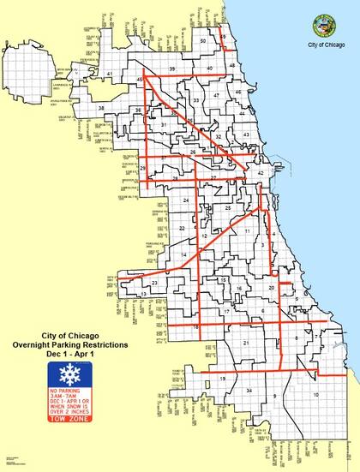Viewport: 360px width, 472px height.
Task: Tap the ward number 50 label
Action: (x=203, y=41)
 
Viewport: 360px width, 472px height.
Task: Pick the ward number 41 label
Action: (x=110, y=75)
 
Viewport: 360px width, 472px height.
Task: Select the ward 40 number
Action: (x=209, y=68)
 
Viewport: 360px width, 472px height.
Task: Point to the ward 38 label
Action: (x=102, y=108)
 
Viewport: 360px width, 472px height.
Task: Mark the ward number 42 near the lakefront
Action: (x=260, y=174)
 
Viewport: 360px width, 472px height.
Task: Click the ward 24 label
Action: (x=187, y=200)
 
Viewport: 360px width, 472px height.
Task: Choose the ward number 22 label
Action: (x=182, y=229)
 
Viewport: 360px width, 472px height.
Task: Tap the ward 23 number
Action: (x=155, y=283)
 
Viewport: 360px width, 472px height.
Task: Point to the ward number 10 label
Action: (x=315, y=394)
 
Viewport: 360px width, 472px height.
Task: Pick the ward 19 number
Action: (x=222, y=378)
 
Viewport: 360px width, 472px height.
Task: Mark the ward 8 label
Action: (x=297, y=338)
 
